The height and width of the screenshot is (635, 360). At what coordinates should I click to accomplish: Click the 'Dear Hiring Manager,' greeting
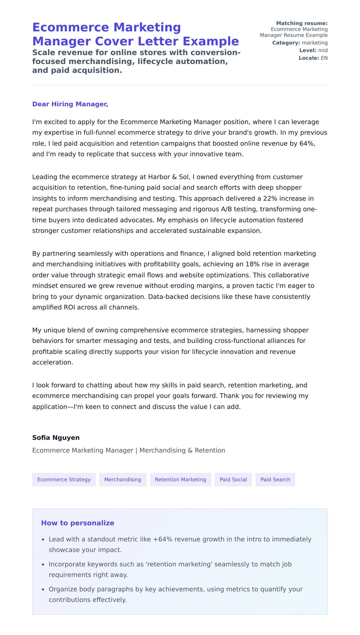(70, 104)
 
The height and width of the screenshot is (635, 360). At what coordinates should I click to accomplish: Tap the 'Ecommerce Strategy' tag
(64, 479)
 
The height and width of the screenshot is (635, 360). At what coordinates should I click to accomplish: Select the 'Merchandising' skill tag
(122, 479)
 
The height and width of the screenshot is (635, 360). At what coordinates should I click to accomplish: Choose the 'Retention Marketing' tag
(180, 479)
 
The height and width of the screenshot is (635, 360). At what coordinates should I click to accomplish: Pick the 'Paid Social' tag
(233, 479)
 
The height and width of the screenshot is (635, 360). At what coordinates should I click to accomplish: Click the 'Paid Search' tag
(275, 479)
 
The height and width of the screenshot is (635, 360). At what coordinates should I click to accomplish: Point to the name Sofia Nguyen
(56, 437)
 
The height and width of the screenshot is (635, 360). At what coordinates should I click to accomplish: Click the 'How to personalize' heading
(78, 523)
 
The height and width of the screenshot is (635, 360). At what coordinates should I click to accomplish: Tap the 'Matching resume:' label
(302, 23)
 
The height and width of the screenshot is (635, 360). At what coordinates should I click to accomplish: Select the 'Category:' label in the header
(286, 43)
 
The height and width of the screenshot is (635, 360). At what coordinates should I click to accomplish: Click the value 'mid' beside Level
(323, 50)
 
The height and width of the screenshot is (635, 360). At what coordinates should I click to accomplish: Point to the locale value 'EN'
(324, 58)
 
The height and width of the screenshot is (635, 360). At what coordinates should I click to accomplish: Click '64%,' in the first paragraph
(307, 143)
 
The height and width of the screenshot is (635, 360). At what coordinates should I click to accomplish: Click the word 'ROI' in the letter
(70, 307)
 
